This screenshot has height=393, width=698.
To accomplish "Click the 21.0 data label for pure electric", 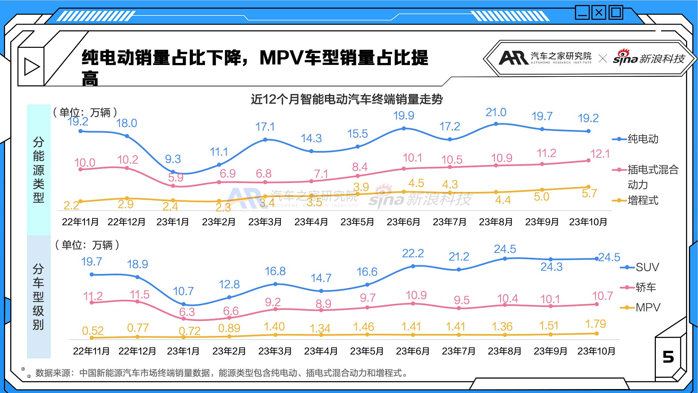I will [496, 112].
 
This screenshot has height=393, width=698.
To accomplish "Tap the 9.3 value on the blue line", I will [173, 159].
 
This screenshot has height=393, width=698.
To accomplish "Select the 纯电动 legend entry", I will [643, 139].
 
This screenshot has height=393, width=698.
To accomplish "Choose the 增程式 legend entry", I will [643, 200].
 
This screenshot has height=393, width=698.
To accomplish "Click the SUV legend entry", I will [647, 267].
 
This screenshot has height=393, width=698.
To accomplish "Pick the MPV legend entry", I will [648, 308].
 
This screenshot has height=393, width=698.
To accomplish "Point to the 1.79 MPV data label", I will [595, 324].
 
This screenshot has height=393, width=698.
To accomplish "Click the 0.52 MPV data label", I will [93, 330].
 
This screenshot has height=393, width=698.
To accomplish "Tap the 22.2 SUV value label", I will [413, 254].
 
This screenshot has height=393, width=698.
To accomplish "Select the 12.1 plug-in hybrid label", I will [600, 154].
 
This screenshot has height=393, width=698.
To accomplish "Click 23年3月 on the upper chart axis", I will [265, 222].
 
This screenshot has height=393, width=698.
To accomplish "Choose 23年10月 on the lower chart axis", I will [596, 351].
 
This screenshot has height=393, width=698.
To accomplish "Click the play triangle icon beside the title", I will [32, 67].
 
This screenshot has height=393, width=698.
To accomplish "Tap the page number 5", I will [668, 357].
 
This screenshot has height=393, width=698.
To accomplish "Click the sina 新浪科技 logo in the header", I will [649, 59].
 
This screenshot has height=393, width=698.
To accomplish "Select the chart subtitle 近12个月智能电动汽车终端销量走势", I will [347, 99].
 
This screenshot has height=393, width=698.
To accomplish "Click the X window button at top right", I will [599, 13].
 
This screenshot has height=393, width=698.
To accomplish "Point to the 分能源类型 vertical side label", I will [39, 170].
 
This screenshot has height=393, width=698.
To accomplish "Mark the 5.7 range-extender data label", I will [589, 194].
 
